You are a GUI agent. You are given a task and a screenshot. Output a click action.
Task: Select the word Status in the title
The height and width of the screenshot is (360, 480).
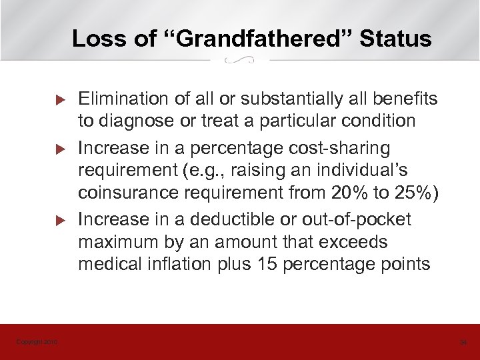click(396, 39)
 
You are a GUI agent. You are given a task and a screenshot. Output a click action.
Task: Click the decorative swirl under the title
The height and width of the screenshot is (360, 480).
click(240, 61)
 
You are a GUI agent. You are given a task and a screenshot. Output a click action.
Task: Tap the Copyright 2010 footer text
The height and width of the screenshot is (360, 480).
click(37, 342)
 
